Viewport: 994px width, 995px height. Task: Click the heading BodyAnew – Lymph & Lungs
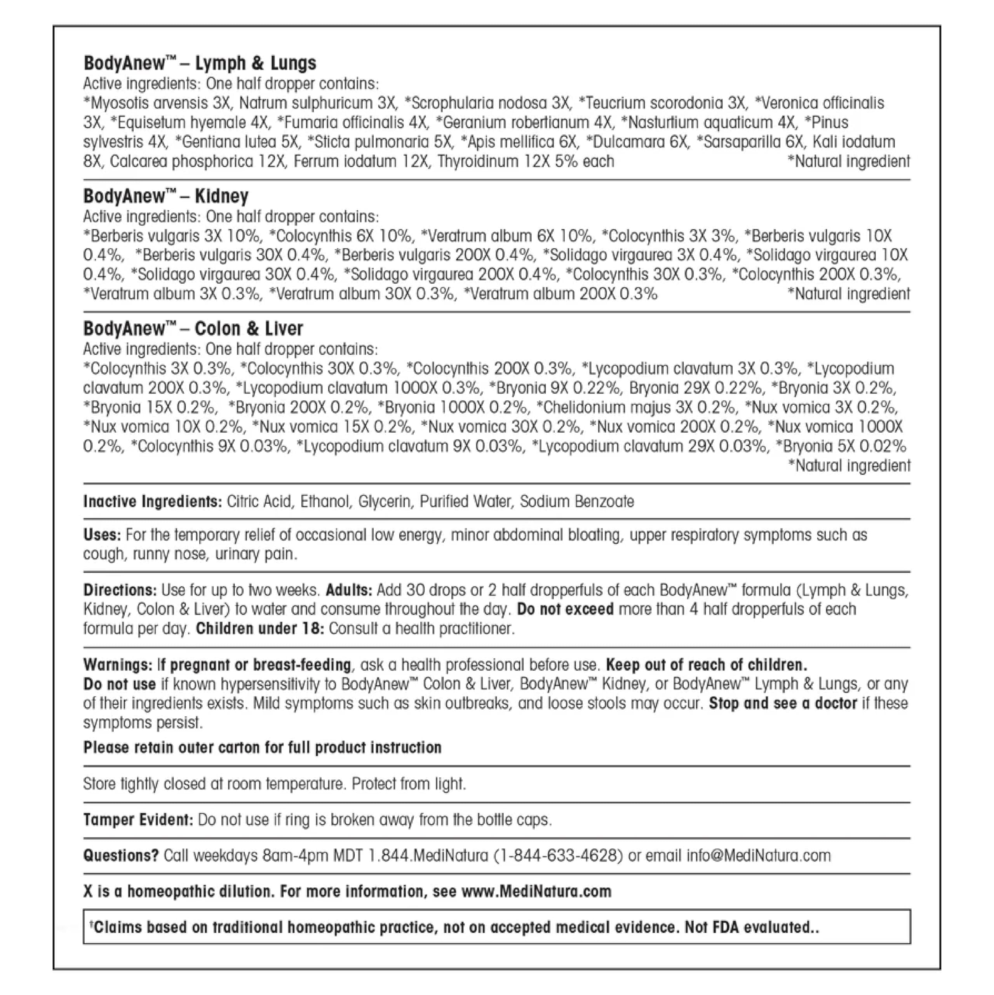pos(200,63)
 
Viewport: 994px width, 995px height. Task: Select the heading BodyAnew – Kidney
pos(166,196)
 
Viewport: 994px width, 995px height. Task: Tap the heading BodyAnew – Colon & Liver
pos(193,328)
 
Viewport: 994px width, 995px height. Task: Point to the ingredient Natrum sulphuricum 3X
pos(318,103)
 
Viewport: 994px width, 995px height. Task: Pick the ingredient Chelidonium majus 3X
pos(636,408)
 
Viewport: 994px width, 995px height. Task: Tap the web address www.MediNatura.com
pos(536,892)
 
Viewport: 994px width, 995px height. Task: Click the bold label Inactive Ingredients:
pos(152,502)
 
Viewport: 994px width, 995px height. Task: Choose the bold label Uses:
pos(102,535)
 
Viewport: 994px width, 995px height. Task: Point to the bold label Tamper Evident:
pos(138,820)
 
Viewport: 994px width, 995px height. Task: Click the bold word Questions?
pos(121,856)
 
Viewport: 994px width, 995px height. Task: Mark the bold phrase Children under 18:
pos(260,629)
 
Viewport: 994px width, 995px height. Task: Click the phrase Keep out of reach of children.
pos(706,665)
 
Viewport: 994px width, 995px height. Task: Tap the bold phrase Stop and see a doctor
pos(782,703)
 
